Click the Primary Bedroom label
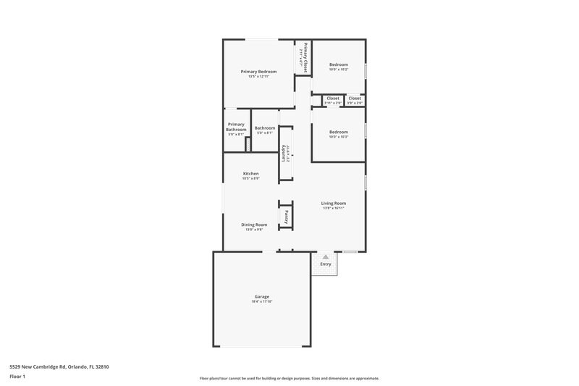pos(258,72)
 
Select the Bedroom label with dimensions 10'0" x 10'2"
pos(339,64)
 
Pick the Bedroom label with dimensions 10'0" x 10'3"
pos(339,132)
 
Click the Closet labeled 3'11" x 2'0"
pos(333,98)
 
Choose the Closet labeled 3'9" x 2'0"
pos(355,98)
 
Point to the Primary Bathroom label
pos(236,127)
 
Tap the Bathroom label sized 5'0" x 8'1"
pos(264,128)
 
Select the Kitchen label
pos(251,174)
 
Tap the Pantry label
pos(287,215)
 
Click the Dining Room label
pos(254,225)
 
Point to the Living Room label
pos(334,204)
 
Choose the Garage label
pos(261,297)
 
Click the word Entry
pos(326,264)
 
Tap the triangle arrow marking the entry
pos(326,256)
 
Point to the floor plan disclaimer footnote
pos(289,378)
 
